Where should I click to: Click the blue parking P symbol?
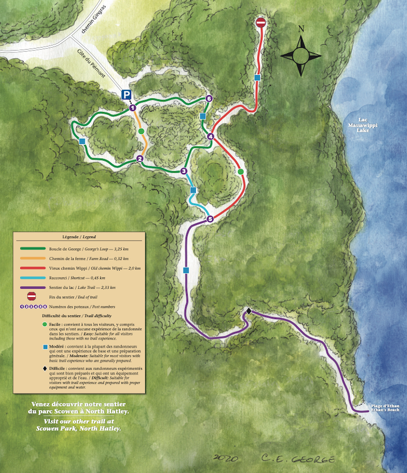pos(126,95)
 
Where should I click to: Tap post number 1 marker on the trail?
pos(133,108)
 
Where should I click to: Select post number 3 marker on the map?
pos(183,171)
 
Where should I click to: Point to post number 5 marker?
pos(210,219)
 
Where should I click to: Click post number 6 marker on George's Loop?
pos(208,98)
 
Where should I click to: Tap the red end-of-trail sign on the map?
pos(261,22)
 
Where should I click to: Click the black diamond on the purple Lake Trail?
pos(249,311)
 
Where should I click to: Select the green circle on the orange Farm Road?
pos(141,131)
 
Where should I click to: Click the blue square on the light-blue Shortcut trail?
pos(193,190)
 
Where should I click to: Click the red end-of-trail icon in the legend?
pos(32,296)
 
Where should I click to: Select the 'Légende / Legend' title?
pos(79,237)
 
